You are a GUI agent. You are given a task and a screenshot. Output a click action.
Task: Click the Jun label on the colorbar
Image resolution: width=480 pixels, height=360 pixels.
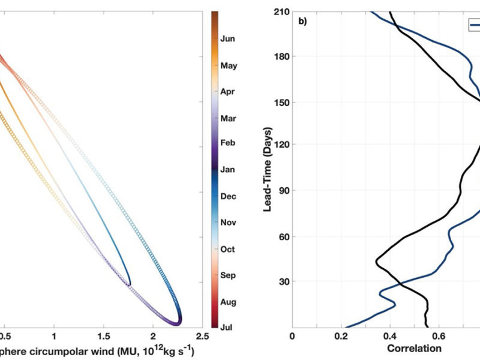pyautogui.click(x=227, y=39)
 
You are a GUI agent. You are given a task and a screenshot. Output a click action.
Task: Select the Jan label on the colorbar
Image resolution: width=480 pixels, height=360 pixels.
pyautogui.click(x=227, y=170)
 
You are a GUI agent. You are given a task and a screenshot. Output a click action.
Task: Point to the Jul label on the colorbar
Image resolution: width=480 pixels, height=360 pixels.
pyautogui.click(x=226, y=327)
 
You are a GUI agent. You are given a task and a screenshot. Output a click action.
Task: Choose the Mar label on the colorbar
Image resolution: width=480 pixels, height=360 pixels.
pyautogui.click(x=227, y=118)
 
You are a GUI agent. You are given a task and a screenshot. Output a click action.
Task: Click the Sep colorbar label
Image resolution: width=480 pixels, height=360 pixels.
pyautogui.click(x=227, y=275)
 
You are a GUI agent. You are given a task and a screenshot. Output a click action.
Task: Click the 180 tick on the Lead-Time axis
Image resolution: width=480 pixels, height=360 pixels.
pyautogui.click(x=280, y=56)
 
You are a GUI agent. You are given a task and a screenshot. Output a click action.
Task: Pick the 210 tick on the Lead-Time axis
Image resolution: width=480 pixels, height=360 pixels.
pyautogui.click(x=280, y=11)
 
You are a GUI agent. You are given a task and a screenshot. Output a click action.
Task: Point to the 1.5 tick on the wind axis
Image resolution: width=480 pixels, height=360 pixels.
pyautogui.click(x=104, y=337)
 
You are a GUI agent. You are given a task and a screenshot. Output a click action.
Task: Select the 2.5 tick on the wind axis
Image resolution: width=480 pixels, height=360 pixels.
pyautogui.click(x=202, y=337)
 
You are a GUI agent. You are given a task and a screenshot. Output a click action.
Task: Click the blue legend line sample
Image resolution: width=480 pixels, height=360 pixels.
pyautogui.click(x=473, y=25)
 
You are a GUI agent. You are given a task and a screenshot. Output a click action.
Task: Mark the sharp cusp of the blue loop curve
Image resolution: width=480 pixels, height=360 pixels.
pyautogui.click(x=129, y=285)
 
